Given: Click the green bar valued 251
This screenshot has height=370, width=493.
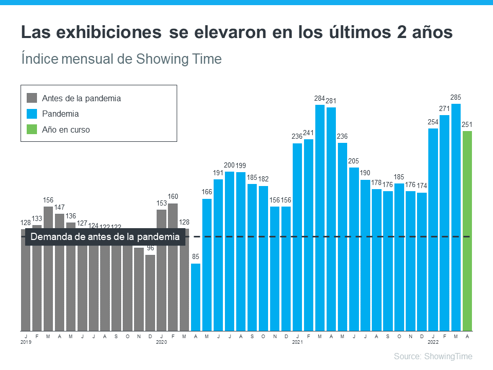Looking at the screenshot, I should tap(467, 231).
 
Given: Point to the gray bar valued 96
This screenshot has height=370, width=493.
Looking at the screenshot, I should tap(150, 293).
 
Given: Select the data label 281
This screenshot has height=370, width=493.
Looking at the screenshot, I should tap(331, 101).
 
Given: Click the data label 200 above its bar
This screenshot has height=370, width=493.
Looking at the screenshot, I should tap(230, 165).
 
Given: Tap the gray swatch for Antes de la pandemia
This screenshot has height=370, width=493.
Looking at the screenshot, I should tap(32, 98).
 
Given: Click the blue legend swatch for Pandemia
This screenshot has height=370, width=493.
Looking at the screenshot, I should tap(32, 114).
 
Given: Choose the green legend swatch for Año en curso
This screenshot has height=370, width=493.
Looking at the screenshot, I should tap(32, 130).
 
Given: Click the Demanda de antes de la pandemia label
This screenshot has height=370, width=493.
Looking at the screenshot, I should tap(105, 237).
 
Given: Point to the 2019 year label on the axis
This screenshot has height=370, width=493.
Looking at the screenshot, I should tap(26, 341).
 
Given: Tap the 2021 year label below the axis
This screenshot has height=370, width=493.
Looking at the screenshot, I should tap(297, 341).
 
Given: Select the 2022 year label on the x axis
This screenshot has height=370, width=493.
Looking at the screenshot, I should tap(433, 341).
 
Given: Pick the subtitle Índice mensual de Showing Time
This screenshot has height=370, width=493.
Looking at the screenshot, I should tap(121, 59).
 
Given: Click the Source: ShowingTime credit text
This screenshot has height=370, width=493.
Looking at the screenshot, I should tap(432, 356).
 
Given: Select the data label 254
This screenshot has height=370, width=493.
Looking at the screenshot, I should tap(433, 122).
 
